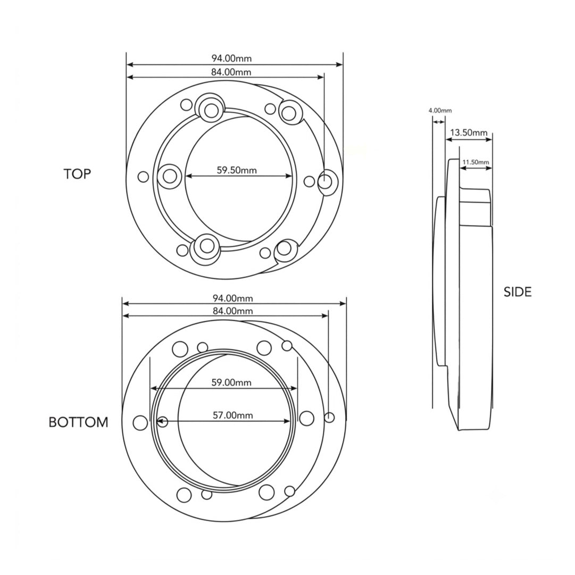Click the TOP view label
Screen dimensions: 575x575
click(x=77, y=174)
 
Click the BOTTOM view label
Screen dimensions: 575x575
click(x=79, y=422)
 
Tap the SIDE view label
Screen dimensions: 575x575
click(x=518, y=292)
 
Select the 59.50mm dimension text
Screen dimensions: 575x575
click(x=237, y=170)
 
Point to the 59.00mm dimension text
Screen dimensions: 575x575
click(x=231, y=382)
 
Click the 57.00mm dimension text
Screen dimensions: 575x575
click(x=233, y=415)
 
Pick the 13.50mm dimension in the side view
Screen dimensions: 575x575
click(x=469, y=132)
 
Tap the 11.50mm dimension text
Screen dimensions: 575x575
click(x=476, y=162)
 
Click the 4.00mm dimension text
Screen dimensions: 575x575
click(x=440, y=110)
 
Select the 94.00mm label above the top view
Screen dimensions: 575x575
click(x=231, y=59)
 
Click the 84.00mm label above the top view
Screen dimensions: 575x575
click(x=231, y=72)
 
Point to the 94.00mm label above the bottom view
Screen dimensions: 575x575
click(x=233, y=298)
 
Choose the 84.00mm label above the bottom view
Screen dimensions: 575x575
click(x=233, y=311)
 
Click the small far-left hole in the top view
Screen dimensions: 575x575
click(x=144, y=177)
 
